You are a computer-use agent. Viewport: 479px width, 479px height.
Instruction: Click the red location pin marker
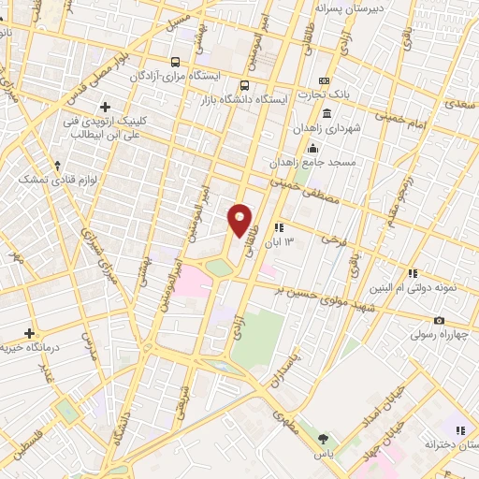tap(240, 221)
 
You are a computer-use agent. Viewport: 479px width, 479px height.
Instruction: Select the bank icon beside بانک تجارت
tap(325, 81)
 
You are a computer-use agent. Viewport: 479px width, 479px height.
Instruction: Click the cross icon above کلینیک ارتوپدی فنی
tap(105, 108)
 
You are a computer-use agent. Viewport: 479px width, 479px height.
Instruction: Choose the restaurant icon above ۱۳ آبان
tap(279, 227)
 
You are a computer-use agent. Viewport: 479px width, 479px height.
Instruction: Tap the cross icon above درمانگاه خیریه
tap(29, 333)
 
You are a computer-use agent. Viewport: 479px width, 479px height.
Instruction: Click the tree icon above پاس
tap(324, 438)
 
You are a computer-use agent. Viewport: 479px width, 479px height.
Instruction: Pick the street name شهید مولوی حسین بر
tap(315, 297)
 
